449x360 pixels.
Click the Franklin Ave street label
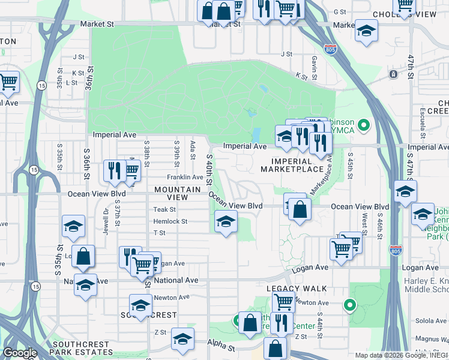coord(185,177)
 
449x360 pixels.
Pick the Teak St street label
coord(164,209)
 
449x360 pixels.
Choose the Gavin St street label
coord(314,59)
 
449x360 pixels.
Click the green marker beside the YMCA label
coord(363,125)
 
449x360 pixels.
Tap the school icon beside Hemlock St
coord(225,222)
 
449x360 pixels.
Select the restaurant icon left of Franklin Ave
coord(112,170)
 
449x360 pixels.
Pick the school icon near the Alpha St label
coord(182,339)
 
